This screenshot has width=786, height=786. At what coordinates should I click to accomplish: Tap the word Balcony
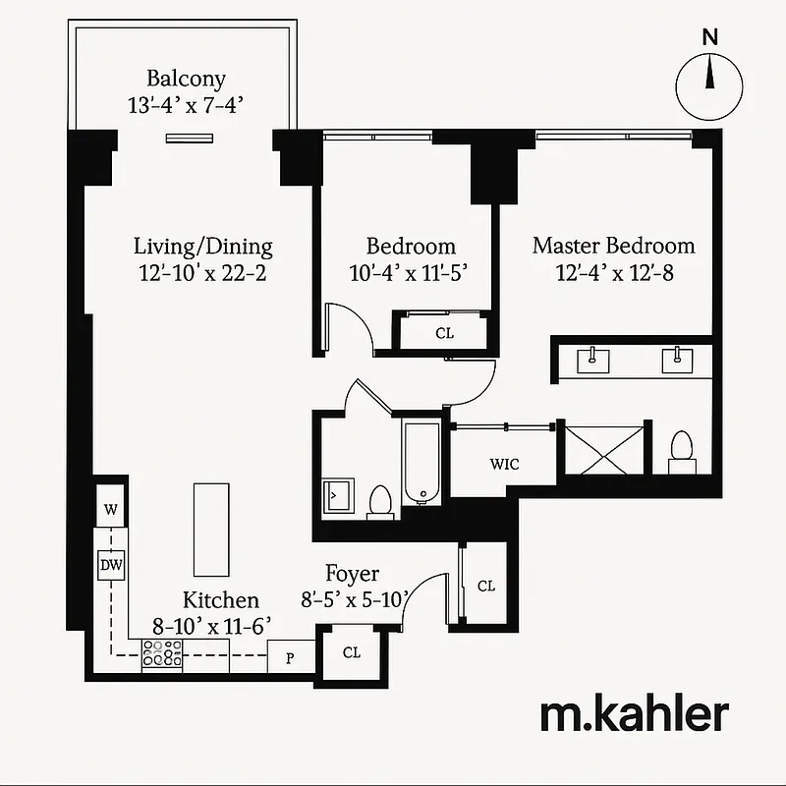pos(186,79)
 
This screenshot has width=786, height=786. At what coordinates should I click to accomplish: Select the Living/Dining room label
pos(202,247)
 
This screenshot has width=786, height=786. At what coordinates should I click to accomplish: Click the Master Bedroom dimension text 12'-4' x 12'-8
pos(613,272)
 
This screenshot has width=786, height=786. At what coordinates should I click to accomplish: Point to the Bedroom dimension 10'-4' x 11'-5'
pos(411,272)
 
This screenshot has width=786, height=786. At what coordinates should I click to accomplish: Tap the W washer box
pos(111,510)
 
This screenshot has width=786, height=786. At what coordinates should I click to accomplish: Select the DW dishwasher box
pos(109,565)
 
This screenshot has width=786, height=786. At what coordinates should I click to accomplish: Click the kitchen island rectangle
pos(210,529)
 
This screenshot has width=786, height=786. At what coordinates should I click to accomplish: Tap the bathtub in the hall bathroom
pos(421,462)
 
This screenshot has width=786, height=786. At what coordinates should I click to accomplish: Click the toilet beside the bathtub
pos(379,501)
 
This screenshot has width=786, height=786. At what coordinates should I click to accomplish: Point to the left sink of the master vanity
pos(596,360)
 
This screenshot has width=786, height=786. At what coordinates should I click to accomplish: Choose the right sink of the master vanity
pos(678,360)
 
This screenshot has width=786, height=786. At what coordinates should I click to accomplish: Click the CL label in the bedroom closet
pos(444,333)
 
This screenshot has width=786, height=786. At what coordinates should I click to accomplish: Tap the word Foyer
pos(352,575)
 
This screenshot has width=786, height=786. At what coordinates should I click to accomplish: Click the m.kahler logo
pos(634,715)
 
